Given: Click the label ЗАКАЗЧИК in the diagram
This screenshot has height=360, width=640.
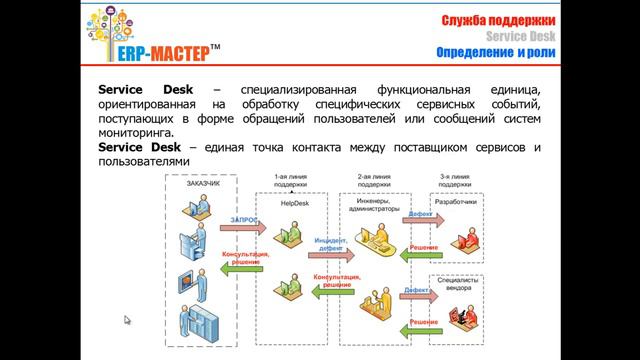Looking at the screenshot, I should [x=203, y=183].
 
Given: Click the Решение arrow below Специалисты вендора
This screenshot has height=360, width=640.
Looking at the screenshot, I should [x=422, y=324].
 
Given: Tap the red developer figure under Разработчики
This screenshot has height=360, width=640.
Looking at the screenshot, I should [x=463, y=232].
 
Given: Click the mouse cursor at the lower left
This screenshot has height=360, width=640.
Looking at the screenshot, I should [x=127, y=321].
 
